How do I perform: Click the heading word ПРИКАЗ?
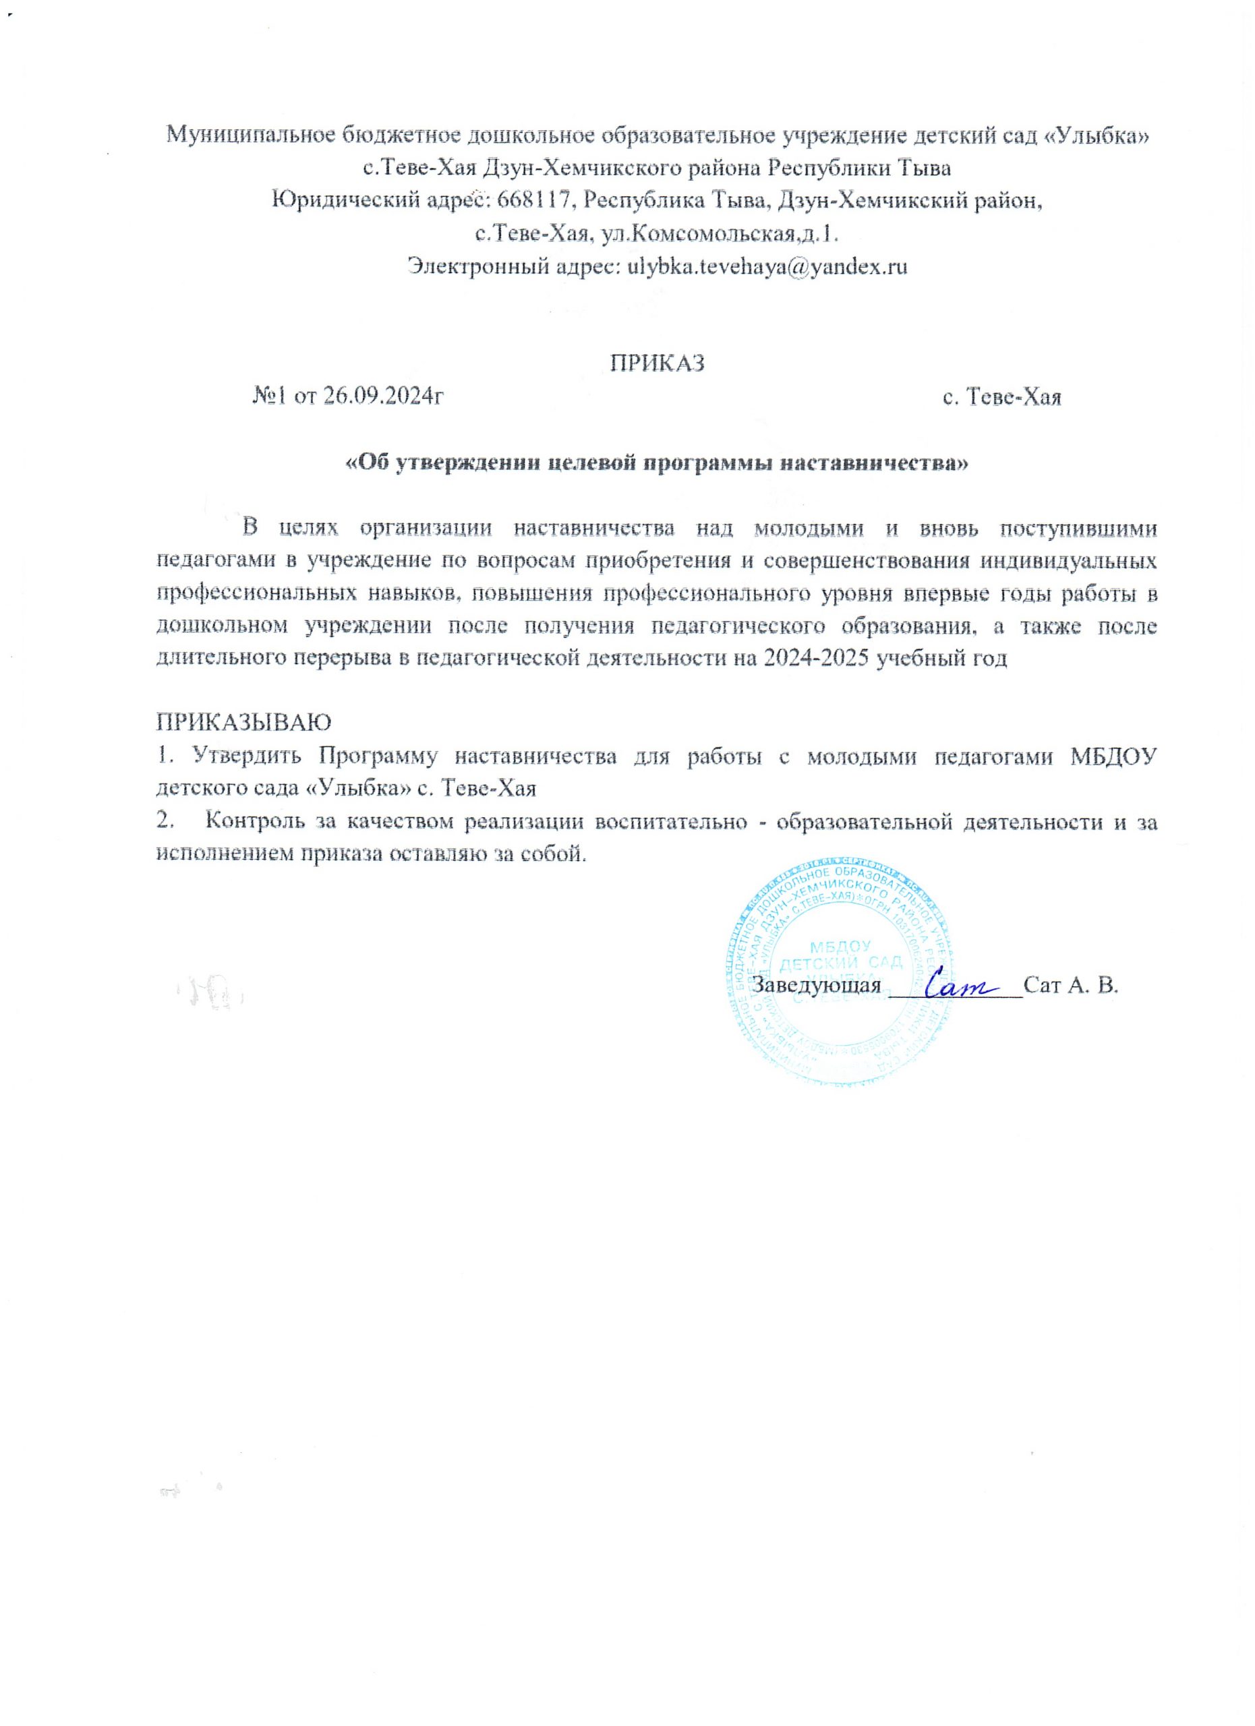pyautogui.click(x=658, y=362)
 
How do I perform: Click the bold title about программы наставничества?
pyautogui.click(x=658, y=463)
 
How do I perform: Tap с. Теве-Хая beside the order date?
pyautogui.click(x=1001, y=398)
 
